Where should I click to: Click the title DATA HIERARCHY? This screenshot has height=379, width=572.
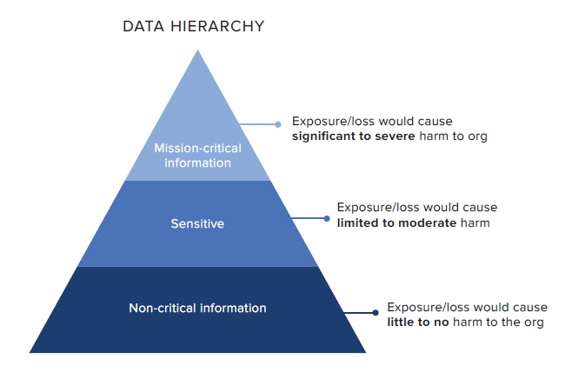coord(193,26)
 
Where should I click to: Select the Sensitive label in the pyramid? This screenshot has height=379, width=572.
coord(197,223)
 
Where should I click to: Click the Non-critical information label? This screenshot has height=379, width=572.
coord(197,308)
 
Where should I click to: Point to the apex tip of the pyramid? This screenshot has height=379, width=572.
coord(198,51)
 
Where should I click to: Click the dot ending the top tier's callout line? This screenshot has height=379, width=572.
coord(278,124)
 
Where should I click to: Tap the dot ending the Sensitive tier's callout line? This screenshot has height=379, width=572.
coord(327,218)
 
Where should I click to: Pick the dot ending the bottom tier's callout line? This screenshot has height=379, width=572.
coord(376,313)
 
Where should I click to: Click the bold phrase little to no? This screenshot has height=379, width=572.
coord(419,322)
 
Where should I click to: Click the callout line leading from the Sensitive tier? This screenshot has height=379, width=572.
coord(309,218)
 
